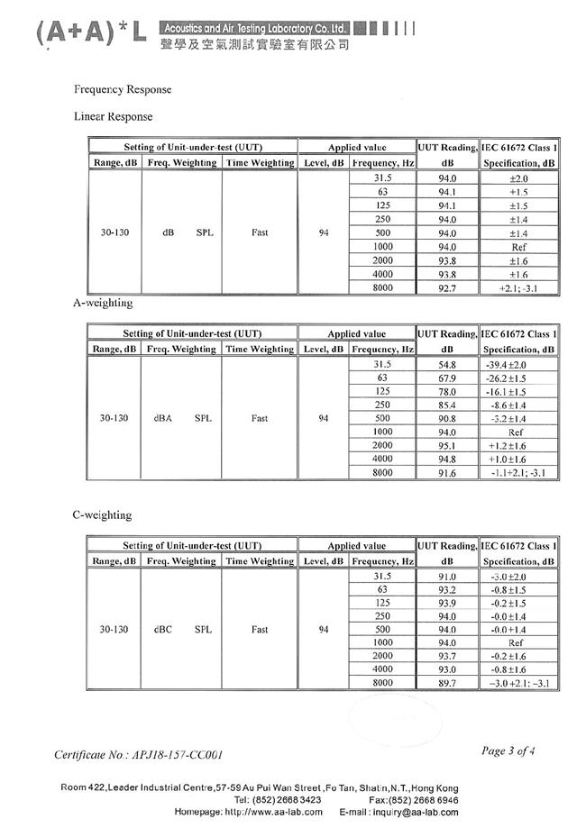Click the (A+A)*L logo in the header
pyautogui.click(x=88, y=33)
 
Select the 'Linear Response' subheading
pyautogui.click(x=113, y=117)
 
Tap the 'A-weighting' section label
pyautogui.click(x=102, y=304)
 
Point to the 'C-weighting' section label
pyautogui.click(x=102, y=515)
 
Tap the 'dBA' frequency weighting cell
pyautogui.click(x=163, y=418)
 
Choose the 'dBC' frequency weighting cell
pyautogui.click(x=163, y=630)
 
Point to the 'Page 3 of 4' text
pyautogui.click(x=508, y=751)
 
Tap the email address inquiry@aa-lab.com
pyautogui.click(x=413, y=812)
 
